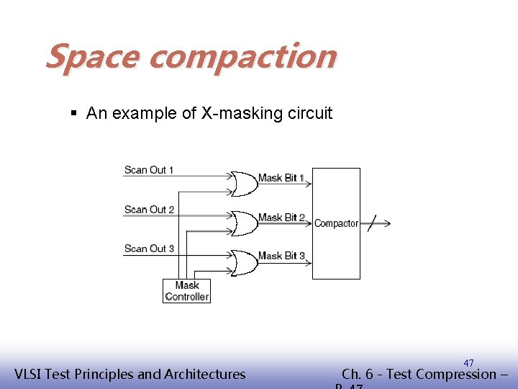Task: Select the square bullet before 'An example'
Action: coord(75,113)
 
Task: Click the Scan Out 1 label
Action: coord(149,170)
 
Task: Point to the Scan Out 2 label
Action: coord(149,210)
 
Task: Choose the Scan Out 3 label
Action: coord(149,249)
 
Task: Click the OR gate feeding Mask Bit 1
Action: coord(245,184)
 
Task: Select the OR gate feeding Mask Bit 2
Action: coord(245,223)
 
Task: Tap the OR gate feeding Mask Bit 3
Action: coord(245,262)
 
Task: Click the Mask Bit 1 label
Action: coord(281,178)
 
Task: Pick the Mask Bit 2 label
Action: coord(281,218)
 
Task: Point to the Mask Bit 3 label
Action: coord(281,256)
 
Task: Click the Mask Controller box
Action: coord(187,291)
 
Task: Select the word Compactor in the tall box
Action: coord(336,223)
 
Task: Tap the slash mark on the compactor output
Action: coord(371,223)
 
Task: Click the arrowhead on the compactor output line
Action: coord(387,223)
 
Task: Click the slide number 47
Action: coord(468,363)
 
